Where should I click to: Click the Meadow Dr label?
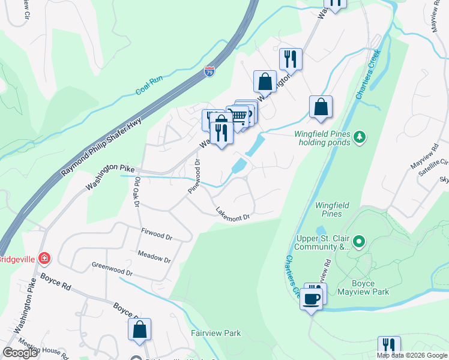pos(154,257)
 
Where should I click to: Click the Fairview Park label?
pos(215,333)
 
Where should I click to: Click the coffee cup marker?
pos(311,299)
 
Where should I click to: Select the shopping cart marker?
pos(239,116)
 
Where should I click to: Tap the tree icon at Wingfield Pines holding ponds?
pos(360,137)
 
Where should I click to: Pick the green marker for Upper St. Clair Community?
pos(359,242)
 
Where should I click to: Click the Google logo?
pos(20,353)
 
